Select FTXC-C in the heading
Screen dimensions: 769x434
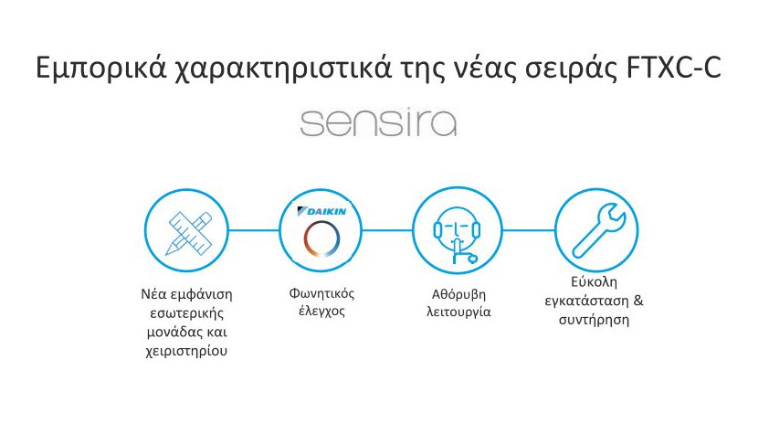[x=674, y=68]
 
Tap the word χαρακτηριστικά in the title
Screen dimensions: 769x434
[x=283, y=69]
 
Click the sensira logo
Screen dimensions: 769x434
[x=378, y=123]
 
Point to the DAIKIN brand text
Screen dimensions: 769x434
[x=321, y=211]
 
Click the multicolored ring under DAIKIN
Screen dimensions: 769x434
[x=321, y=238]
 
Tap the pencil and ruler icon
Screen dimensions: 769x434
[x=188, y=233]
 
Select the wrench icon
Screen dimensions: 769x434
[x=599, y=230]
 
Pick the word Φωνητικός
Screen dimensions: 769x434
[x=321, y=293]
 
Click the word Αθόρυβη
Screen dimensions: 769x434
[x=458, y=294]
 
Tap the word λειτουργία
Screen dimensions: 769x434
[x=458, y=312]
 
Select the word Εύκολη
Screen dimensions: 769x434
[x=594, y=282]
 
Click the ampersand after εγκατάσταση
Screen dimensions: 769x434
[x=638, y=300]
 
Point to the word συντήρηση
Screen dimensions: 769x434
[x=594, y=320]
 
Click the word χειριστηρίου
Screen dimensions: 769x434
[x=186, y=351]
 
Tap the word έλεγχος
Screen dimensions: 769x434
[x=321, y=311]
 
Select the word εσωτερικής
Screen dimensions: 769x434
[x=187, y=313]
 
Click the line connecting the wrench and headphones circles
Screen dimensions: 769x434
[x=528, y=230]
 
